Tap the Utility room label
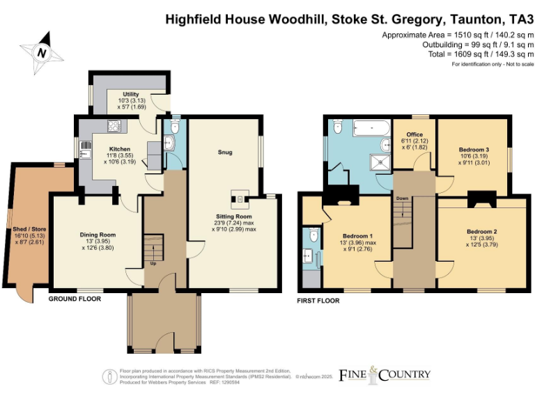(131, 94)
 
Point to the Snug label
(224, 152)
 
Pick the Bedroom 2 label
(481, 230)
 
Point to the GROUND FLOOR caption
(75, 299)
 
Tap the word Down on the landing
(402, 198)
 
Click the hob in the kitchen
(113, 126)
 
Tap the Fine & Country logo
(384, 375)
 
